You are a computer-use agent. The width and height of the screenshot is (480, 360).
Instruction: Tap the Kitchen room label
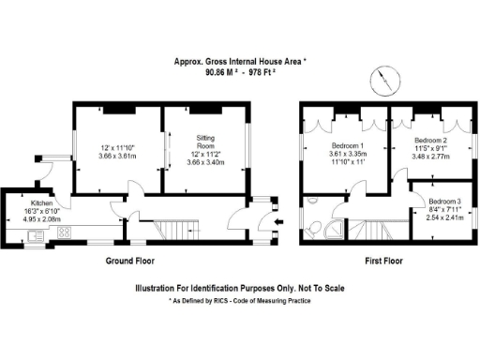[40, 202]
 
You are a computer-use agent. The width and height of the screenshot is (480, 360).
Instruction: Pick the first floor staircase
[380, 230]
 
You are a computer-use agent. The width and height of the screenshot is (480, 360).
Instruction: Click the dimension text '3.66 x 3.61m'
[118, 157]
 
